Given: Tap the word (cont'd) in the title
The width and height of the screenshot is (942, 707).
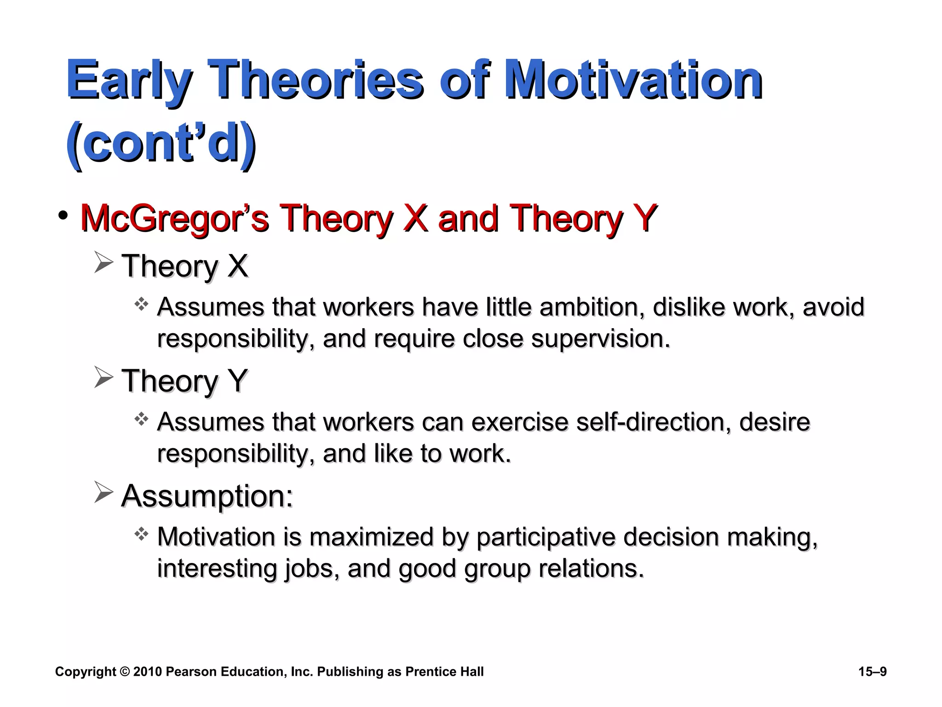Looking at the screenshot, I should [161, 143].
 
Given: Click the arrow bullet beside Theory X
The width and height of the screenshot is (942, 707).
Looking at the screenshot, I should [103, 263].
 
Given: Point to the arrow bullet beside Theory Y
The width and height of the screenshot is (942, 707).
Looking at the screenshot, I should [103, 377].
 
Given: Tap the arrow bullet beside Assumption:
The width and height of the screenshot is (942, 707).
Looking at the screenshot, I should [103, 492].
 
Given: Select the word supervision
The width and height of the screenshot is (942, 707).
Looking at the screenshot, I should [600, 339].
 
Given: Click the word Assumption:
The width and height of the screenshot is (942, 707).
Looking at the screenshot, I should [207, 496].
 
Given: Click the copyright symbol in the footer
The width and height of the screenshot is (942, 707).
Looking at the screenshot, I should [125, 672].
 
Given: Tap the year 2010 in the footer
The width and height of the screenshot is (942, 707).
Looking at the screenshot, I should [147, 672].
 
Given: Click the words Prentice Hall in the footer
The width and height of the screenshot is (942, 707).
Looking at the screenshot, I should [444, 672].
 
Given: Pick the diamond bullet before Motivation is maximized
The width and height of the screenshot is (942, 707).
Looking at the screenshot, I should [141, 534].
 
